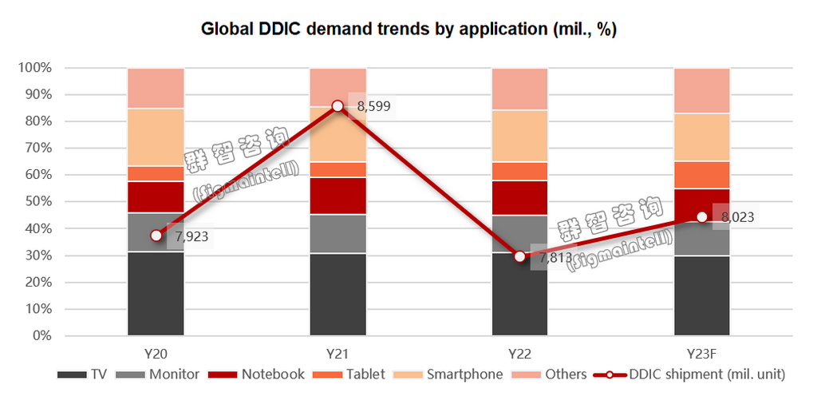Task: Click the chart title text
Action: (x=408, y=30)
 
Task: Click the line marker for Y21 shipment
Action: (x=337, y=106)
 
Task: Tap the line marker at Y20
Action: (x=156, y=236)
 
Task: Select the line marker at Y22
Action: (x=519, y=256)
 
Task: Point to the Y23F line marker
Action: (x=701, y=217)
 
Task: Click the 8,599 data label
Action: (x=373, y=106)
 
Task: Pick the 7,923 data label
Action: (x=192, y=237)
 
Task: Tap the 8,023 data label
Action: (x=737, y=216)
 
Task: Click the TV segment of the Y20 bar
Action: (x=156, y=294)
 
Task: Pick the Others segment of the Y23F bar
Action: (x=701, y=90)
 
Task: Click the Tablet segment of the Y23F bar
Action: (x=701, y=175)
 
